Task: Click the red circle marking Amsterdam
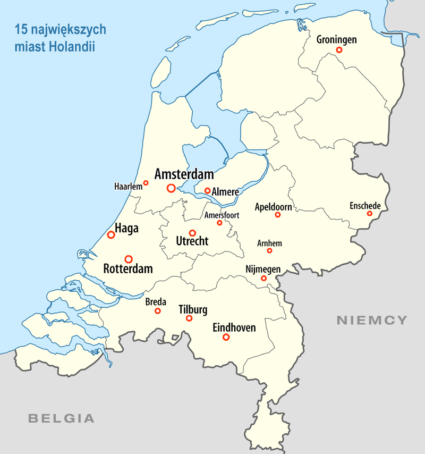click(171, 188)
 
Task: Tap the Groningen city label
click(336, 39)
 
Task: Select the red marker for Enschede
click(370, 214)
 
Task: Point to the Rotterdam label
click(128, 269)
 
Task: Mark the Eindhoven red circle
click(226, 337)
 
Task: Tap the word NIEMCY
click(372, 320)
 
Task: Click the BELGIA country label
click(61, 418)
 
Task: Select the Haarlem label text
click(128, 186)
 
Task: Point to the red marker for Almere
click(207, 190)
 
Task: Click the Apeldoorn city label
click(274, 206)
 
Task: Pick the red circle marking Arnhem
click(269, 250)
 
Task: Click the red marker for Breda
click(157, 310)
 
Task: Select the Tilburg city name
click(193, 310)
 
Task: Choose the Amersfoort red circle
click(219, 222)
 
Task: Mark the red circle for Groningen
click(338, 50)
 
